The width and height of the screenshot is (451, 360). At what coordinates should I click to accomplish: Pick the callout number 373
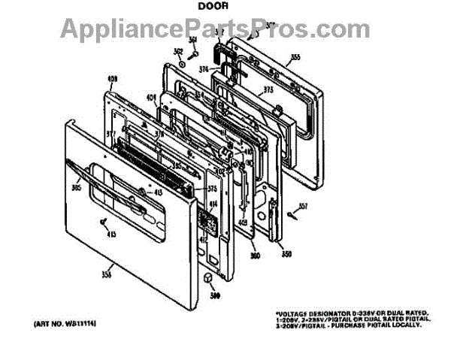point(268,90)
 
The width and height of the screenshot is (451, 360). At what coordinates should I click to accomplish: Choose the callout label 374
point(203,70)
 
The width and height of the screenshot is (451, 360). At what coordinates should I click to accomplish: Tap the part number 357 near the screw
point(303,206)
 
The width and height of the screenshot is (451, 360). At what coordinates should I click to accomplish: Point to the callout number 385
point(76,188)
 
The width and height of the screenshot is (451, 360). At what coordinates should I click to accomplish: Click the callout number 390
point(215,295)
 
